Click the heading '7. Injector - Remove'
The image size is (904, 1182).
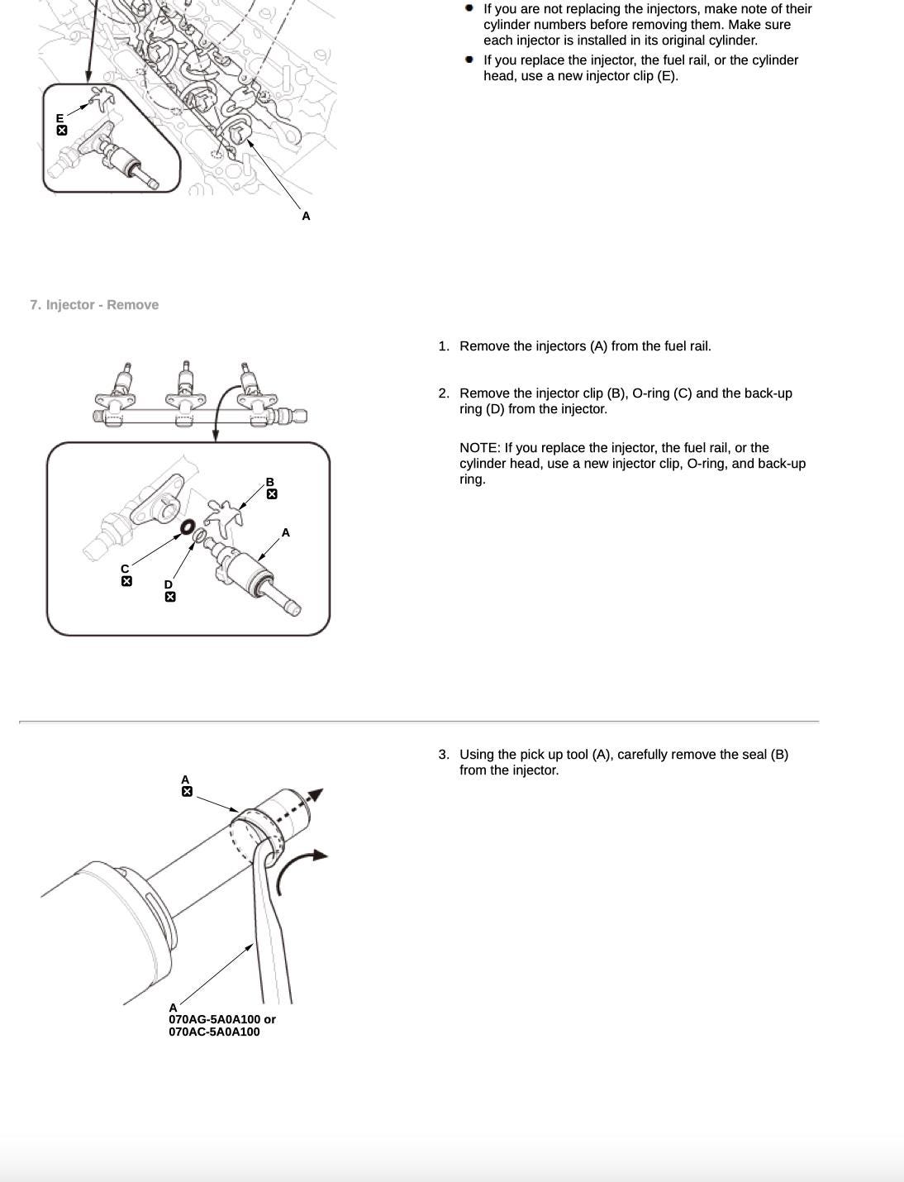tap(94, 305)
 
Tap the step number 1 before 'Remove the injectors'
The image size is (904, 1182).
tap(443, 346)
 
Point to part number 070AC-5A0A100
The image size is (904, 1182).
tap(214, 1032)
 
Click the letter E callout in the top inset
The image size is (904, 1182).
tap(59, 119)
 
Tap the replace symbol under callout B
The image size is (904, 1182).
tap(272, 494)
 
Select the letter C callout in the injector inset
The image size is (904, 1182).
tap(125, 569)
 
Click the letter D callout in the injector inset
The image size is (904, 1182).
tap(169, 584)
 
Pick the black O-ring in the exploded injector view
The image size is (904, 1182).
tap(188, 527)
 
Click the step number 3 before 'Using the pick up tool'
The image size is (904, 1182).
tap(443, 755)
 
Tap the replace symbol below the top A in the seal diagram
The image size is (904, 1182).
tap(187, 792)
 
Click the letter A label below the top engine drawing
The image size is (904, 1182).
tap(306, 216)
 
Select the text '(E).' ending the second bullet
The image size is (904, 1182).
tap(667, 76)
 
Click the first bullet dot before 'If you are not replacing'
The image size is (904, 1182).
tap(469, 8)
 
